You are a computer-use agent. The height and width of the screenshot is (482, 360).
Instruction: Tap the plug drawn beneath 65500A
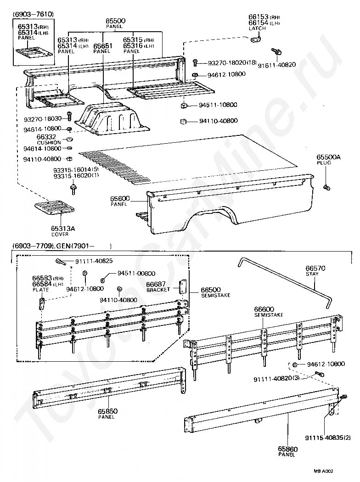pos(326,187)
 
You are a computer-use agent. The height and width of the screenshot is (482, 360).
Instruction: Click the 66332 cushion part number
pos(46,137)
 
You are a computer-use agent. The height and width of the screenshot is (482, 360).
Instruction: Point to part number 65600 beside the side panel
pos(120,198)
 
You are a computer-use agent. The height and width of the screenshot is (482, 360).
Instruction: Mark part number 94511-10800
pos(218,105)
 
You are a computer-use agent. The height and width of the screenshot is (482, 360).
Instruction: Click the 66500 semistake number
pos(211,290)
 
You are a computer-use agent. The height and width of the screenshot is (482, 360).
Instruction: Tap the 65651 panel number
pos(102,46)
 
